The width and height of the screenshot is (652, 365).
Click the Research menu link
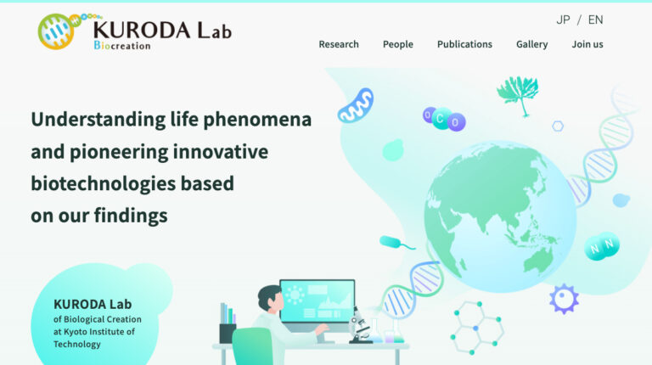339,44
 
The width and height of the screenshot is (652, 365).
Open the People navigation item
397,44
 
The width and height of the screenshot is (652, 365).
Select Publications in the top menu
464,44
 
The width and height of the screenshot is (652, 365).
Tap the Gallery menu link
531,44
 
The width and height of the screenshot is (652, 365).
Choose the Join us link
587,44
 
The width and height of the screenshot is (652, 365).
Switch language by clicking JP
563,20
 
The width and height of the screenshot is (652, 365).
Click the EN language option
595,20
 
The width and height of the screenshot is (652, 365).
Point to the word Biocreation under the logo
121,45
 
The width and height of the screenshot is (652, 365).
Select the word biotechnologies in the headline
98,183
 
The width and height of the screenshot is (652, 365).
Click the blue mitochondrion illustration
356,105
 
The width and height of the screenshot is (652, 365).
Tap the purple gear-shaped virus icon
564,298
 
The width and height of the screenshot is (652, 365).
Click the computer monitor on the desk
317,302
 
